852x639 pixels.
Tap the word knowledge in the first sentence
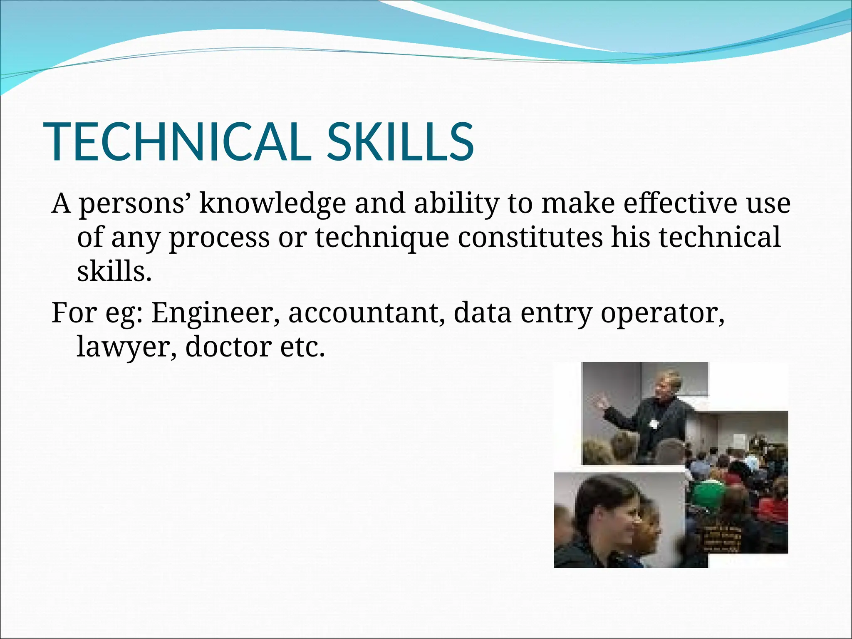tap(272, 204)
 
